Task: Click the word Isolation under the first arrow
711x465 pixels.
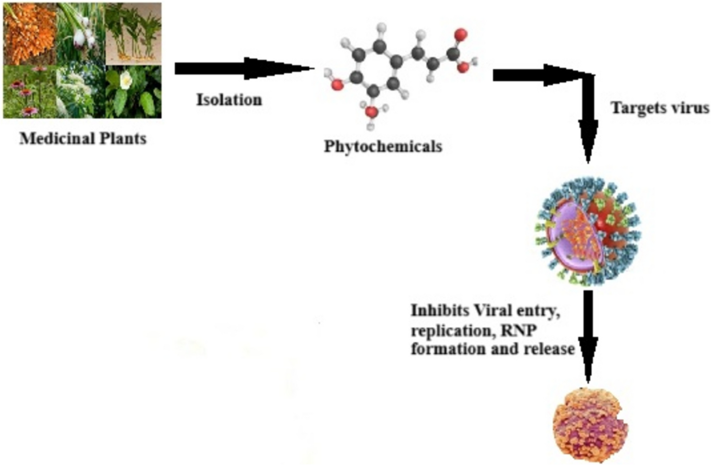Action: click(229, 100)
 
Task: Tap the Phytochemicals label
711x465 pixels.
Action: click(382, 146)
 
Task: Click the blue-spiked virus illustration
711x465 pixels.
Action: click(588, 231)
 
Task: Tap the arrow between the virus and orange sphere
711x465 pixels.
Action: click(588, 336)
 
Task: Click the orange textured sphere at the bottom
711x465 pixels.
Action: click(590, 424)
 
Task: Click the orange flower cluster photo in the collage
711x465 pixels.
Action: click(29, 33)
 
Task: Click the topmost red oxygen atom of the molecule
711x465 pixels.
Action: click(460, 35)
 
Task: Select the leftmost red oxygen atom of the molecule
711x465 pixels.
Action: click(337, 85)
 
